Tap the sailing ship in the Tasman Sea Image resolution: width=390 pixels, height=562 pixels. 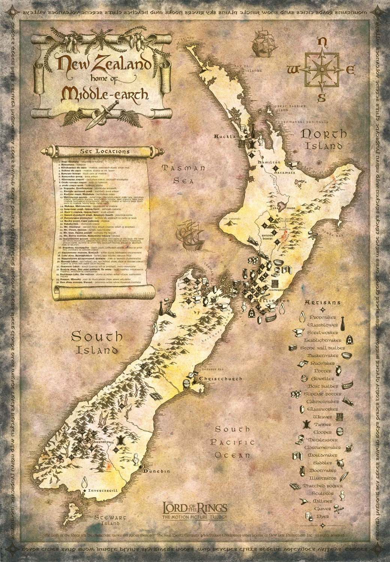(x=189, y=235)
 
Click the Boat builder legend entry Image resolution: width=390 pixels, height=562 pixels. (x=323, y=386)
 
